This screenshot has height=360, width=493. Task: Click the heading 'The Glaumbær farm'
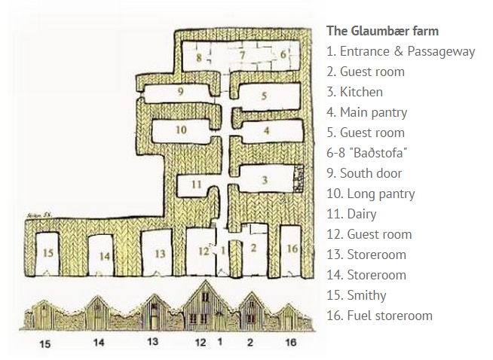(x=382, y=31)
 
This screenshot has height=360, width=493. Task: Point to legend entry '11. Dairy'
(x=352, y=214)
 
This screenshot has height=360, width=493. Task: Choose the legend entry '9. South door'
(x=365, y=173)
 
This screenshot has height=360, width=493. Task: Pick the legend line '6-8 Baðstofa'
(x=367, y=153)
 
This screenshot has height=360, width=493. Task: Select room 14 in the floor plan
(x=105, y=255)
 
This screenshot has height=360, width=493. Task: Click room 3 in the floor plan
(x=264, y=180)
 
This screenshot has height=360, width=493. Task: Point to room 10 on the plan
(x=180, y=130)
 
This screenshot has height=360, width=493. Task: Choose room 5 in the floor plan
(x=264, y=96)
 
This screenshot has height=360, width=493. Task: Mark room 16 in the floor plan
(x=292, y=248)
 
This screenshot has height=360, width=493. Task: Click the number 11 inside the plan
(x=195, y=183)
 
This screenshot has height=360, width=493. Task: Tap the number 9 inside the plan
(x=181, y=91)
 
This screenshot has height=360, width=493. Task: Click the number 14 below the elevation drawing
(x=98, y=343)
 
